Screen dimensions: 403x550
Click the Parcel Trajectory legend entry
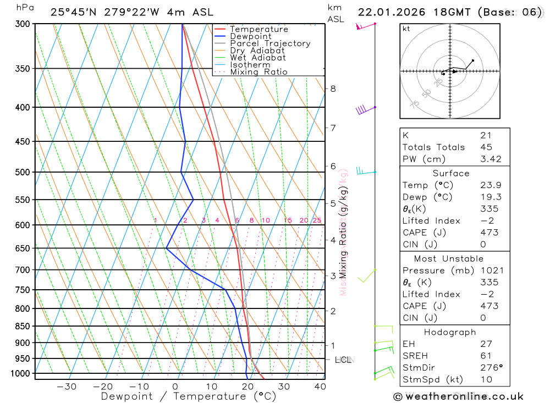coord(270,43)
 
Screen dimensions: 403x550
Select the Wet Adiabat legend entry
coord(258,58)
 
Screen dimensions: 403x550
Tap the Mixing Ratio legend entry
coord(258,72)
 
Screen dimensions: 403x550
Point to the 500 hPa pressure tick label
coord(23,172)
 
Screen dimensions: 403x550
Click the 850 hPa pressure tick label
coord(23,326)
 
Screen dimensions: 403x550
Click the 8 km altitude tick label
coord(333,89)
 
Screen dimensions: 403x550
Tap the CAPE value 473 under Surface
coord(489,233)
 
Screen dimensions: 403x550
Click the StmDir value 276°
coord(491,368)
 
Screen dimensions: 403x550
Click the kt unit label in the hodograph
coord(406,29)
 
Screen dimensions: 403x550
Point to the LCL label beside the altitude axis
coord(343,360)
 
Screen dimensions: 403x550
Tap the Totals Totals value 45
coord(486,147)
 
